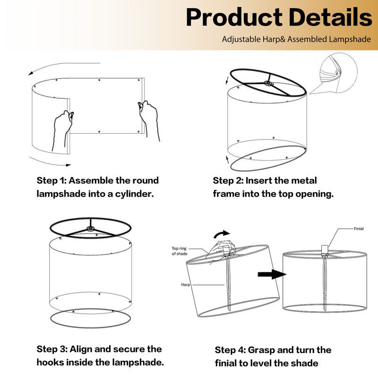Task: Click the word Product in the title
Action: pyautogui.click(x=234, y=17)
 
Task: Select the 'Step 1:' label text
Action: pyautogui.click(x=52, y=180)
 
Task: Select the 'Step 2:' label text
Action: pyautogui.click(x=228, y=180)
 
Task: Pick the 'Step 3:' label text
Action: pyautogui.click(x=52, y=349)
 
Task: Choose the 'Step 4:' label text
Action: pyautogui.click(x=230, y=350)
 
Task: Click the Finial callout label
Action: pyautogui.click(x=359, y=229)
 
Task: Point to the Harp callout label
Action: pyautogui.click(x=185, y=285)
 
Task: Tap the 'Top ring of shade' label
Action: pyautogui.click(x=180, y=251)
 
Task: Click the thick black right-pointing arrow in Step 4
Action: pyautogui.click(x=272, y=274)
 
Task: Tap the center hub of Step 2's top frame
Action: pyautogui.click(x=268, y=84)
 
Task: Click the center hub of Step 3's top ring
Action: pyautogui.click(x=90, y=229)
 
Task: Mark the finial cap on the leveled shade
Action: pyautogui.click(x=325, y=249)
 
